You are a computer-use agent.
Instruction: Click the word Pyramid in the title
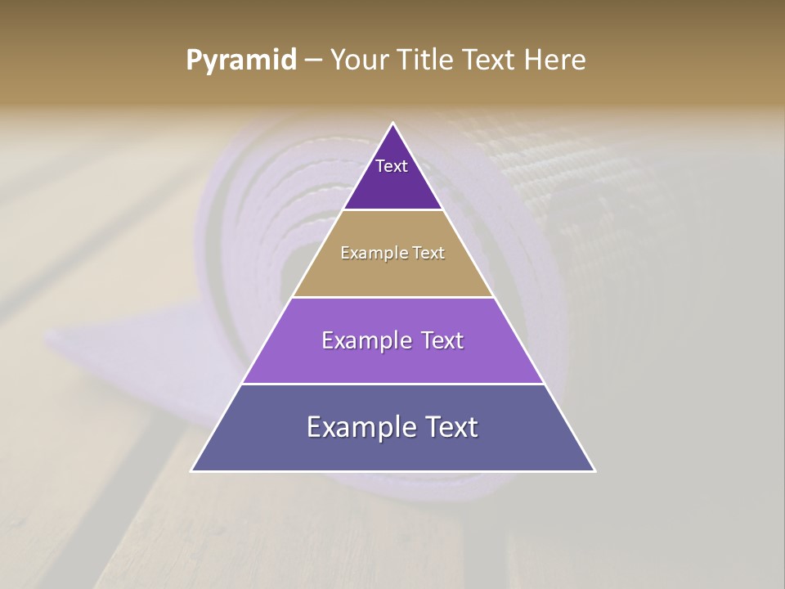[x=241, y=61]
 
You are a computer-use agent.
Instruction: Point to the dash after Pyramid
[x=313, y=61]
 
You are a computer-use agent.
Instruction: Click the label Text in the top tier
[x=392, y=166]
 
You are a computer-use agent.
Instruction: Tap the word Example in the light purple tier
[x=364, y=340]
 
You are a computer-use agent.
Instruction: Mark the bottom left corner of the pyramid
[x=192, y=470]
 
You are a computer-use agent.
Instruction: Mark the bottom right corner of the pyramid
[x=594, y=470]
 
